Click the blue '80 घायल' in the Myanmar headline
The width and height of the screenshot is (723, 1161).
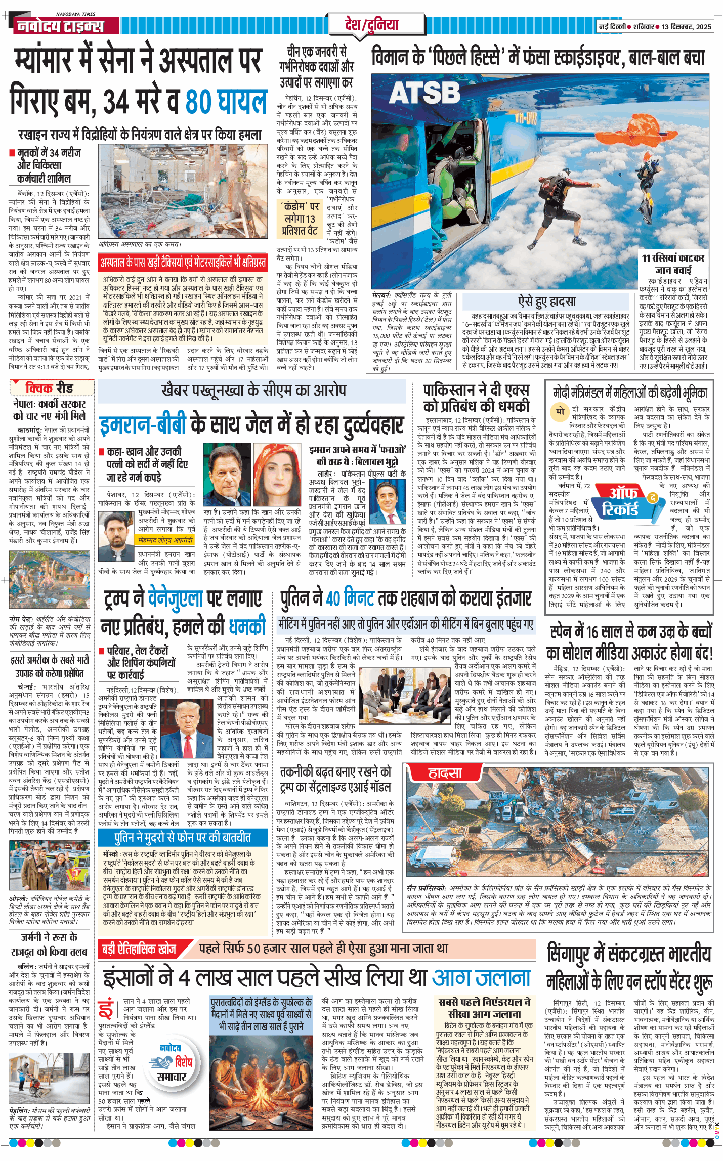point(226,102)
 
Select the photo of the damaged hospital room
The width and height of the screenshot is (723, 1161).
point(183,192)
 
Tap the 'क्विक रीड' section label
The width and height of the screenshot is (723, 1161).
point(50,388)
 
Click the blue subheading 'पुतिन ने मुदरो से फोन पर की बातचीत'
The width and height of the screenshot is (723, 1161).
point(183,838)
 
